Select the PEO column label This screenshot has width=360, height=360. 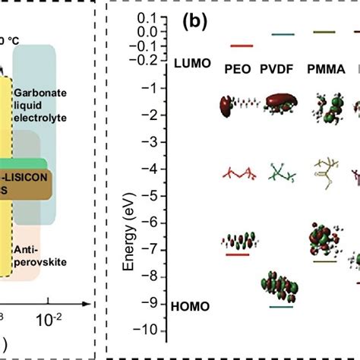tap(238, 70)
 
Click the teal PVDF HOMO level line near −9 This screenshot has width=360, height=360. tap(281, 307)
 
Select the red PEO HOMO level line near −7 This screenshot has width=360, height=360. tap(238, 255)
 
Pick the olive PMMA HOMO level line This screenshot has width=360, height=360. tap(324, 261)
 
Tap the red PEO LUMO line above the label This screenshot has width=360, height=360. tap(238, 46)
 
